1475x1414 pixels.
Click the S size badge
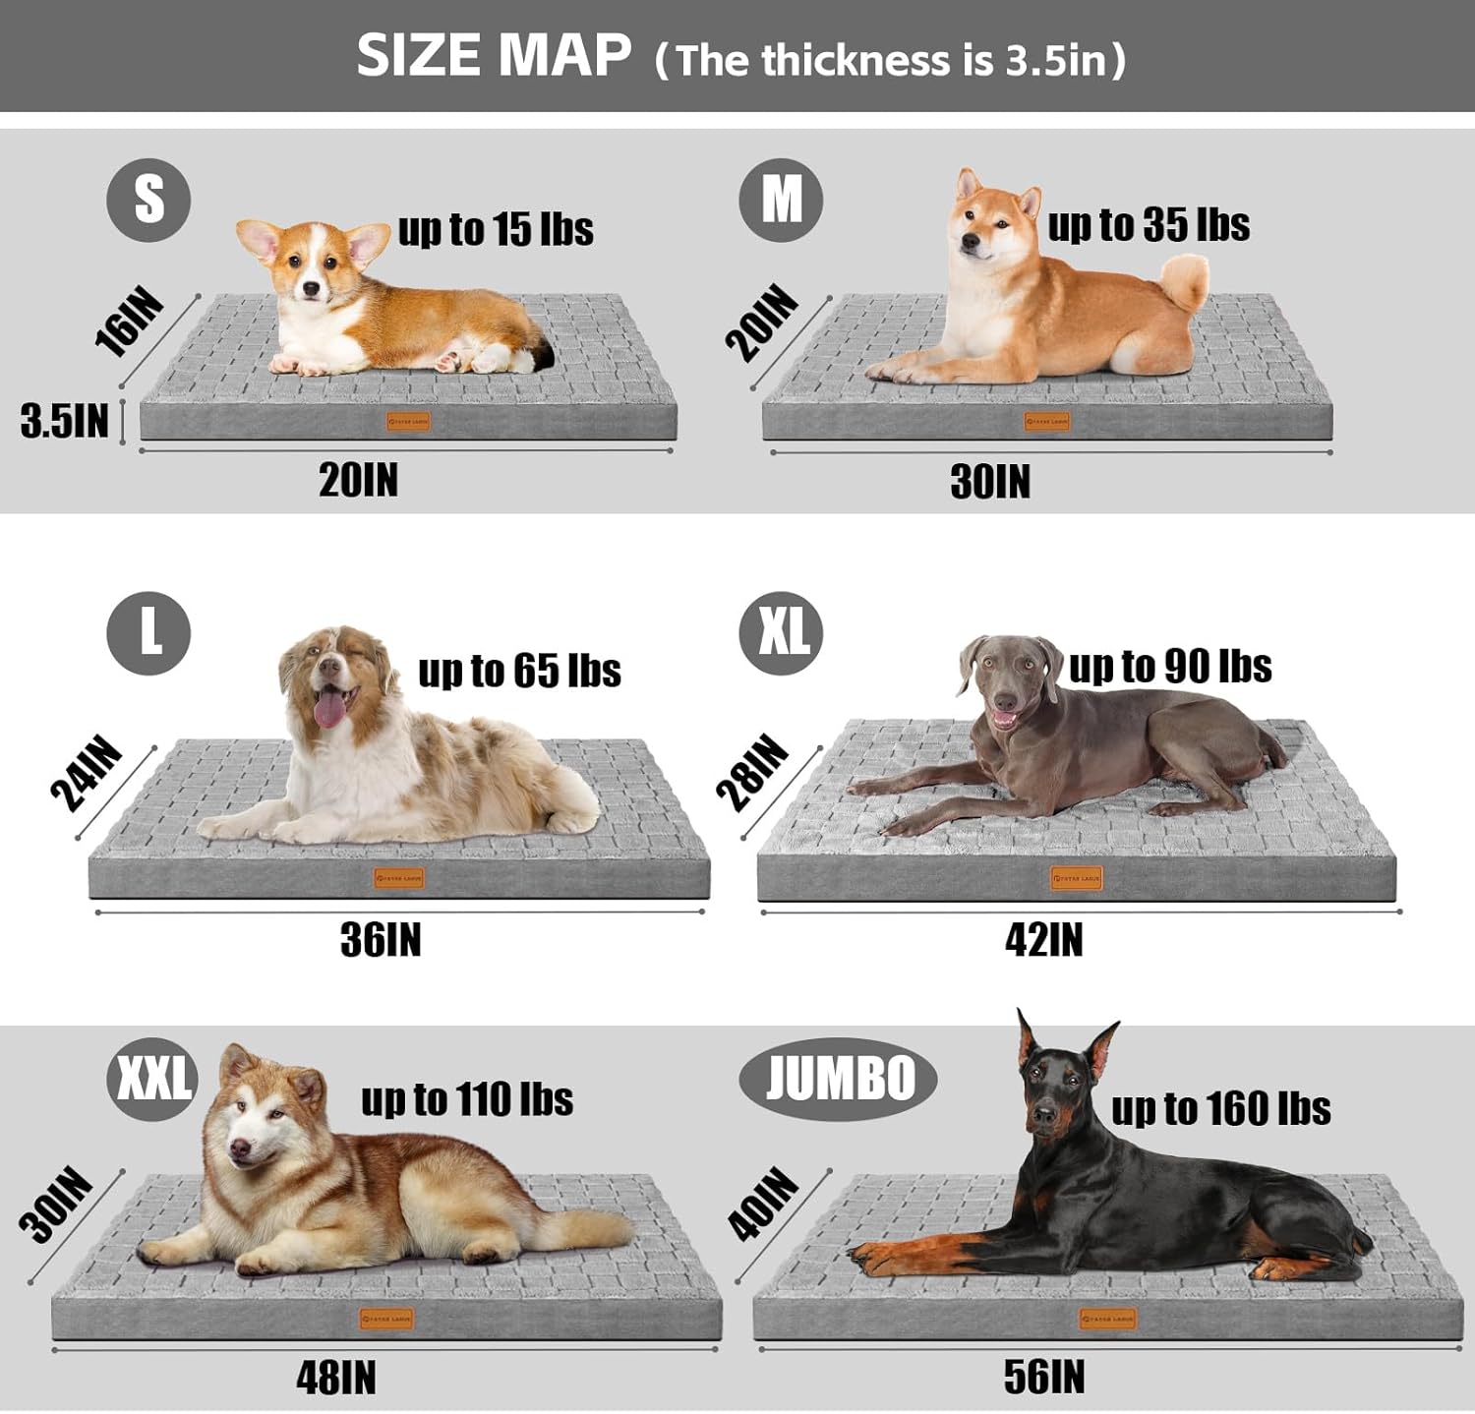pos(148,201)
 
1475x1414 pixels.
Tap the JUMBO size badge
pos(838,1079)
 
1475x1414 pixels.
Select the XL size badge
pos(781,633)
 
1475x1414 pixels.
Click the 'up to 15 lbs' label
pos(496,230)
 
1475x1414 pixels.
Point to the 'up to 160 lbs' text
pos(1220,1109)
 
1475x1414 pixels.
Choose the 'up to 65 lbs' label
pos(519,672)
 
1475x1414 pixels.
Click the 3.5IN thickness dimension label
pos(65,421)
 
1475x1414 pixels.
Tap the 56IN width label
pos(1044,1378)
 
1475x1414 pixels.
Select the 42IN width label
pos(1044,940)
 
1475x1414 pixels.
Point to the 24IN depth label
pos(88,774)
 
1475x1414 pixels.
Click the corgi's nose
pos(312,289)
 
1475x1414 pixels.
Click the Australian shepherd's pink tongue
pos(329,708)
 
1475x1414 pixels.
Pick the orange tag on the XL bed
pos(1077,878)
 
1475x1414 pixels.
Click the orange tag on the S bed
pos(408,422)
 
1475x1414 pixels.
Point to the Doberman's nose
pos(1043,1116)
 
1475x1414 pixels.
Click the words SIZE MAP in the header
pos(494,56)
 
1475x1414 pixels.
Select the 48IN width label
pos(336,1379)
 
